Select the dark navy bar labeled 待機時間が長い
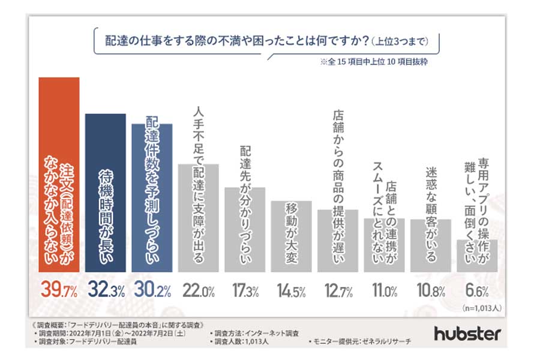click(105, 192)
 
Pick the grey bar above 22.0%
click(198, 216)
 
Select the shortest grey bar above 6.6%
click(477, 255)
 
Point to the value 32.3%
click(105, 292)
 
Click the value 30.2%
click(152, 292)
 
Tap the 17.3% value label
click(245, 292)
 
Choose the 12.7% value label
click(338, 292)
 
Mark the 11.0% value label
click(384, 292)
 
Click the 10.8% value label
click(430, 292)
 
